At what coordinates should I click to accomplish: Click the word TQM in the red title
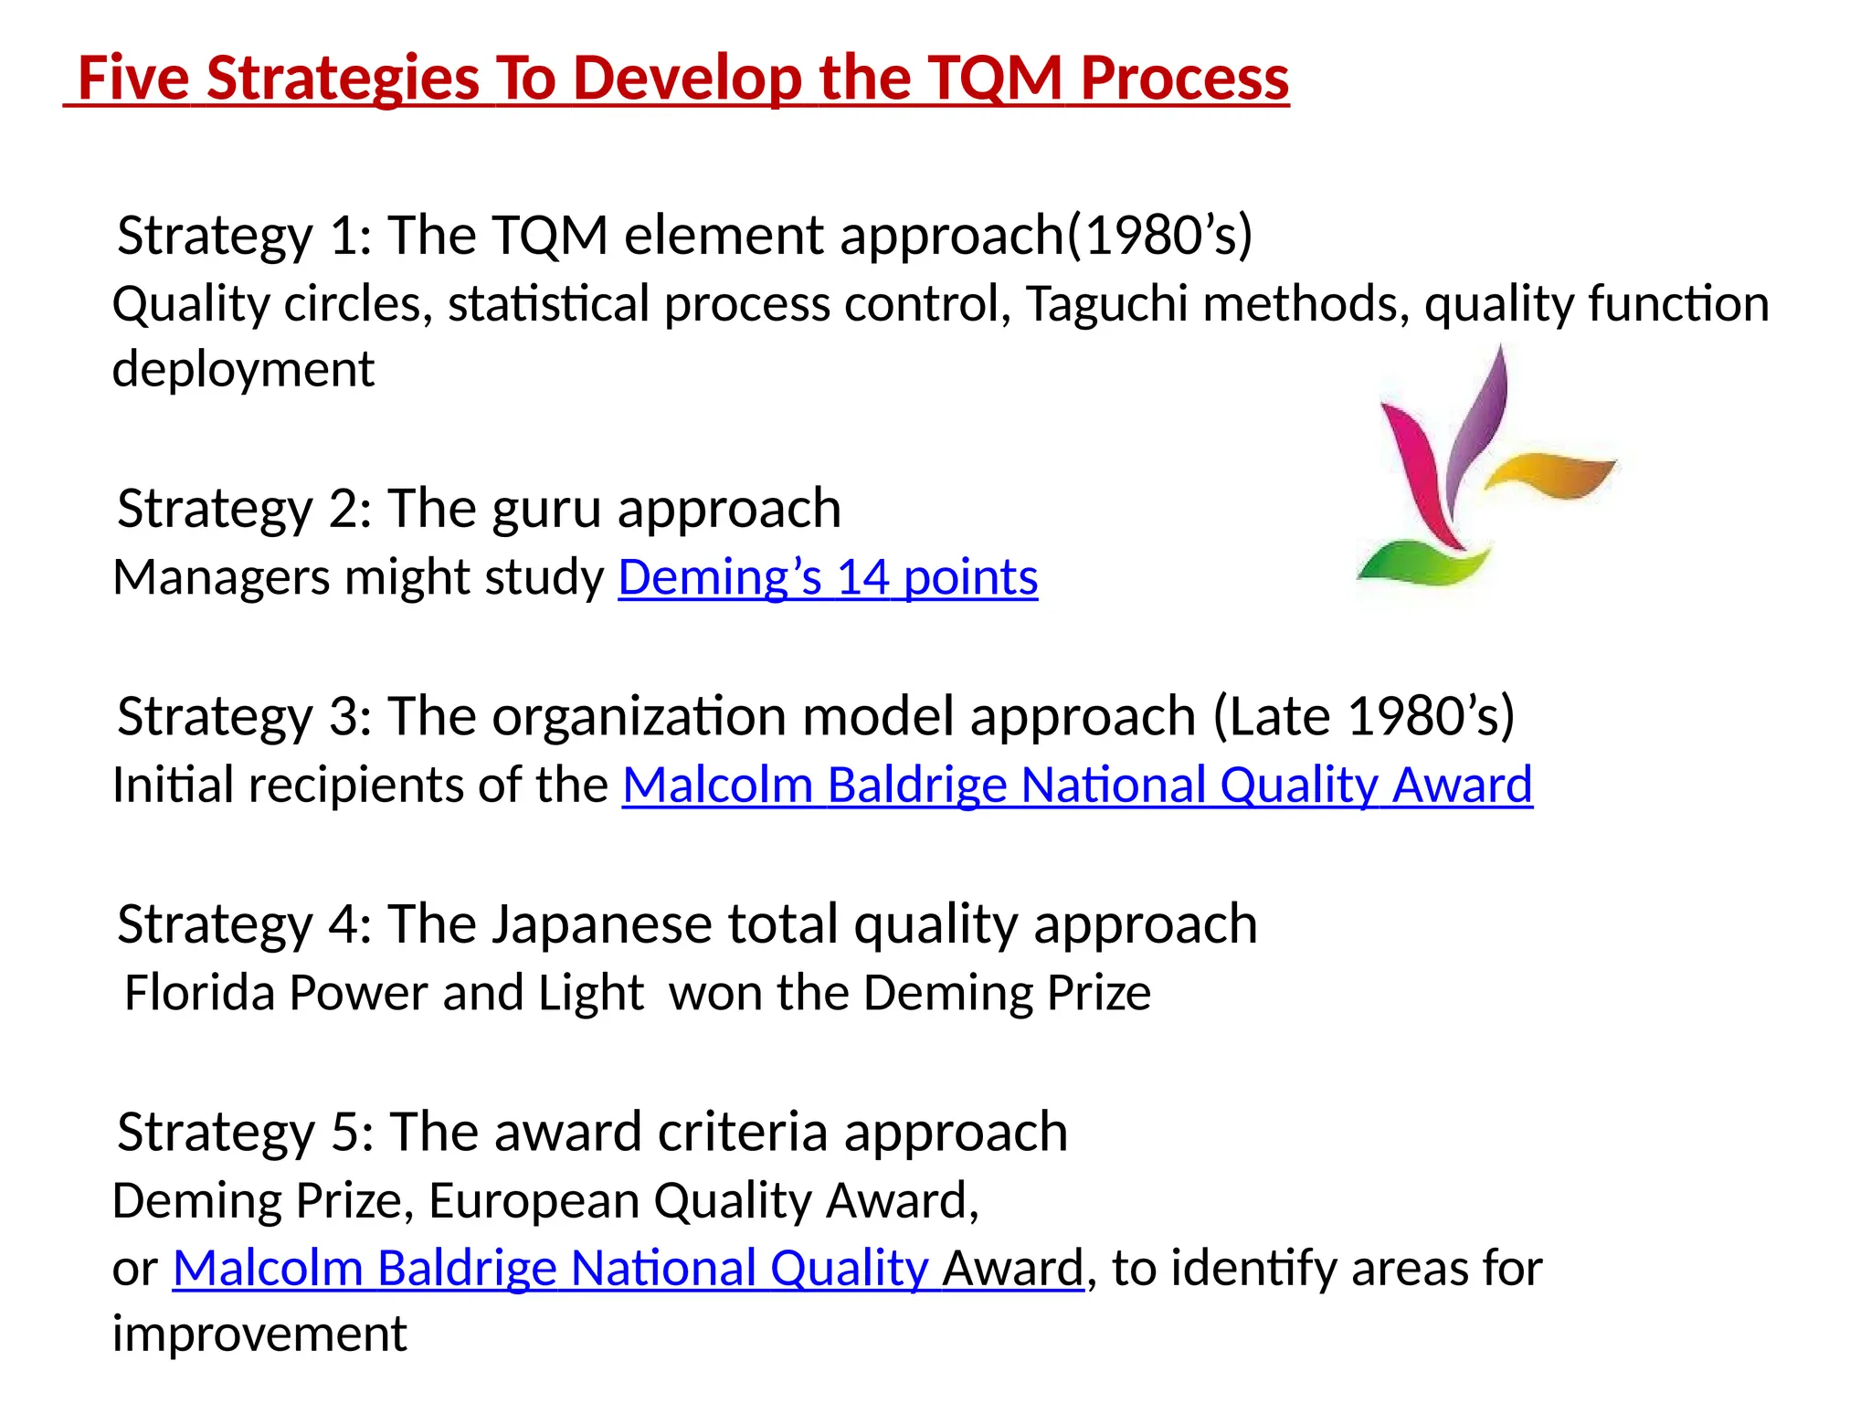click(995, 79)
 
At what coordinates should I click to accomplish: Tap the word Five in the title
click(133, 79)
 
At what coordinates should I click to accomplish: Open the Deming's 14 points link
click(828, 578)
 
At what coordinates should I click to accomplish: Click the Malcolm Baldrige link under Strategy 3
click(1077, 786)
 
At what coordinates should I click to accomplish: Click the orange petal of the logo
click(1552, 474)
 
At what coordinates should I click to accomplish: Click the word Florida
click(200, 993)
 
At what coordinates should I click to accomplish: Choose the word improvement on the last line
click(259, 1334)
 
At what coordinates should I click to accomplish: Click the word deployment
click(243, 370)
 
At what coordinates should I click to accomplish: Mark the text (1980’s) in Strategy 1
click(1160, 236)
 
